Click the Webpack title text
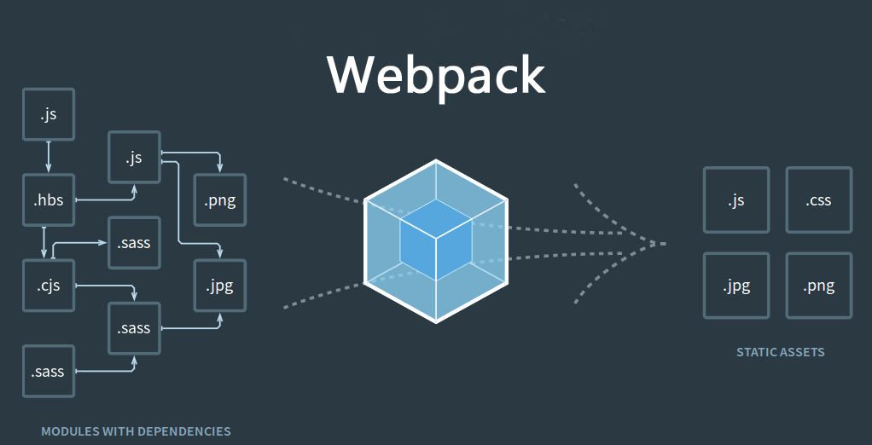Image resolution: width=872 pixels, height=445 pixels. pos(436,74)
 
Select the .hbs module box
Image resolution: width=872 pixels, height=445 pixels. pos(49,201)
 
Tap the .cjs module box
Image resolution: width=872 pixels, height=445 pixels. pos(49,286)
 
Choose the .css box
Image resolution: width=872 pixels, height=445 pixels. pos(818,200)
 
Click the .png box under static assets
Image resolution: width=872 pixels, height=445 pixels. pos(818,286)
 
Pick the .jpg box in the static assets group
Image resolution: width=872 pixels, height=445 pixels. pos(736,286)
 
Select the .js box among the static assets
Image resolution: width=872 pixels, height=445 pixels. pos(736,200)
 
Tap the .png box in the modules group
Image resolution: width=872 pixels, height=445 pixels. pos(220,201)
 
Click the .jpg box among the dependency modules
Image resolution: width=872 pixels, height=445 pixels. pos(220,286)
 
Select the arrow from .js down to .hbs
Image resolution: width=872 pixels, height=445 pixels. pos(49,157)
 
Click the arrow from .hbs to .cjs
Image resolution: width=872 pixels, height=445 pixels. pos(44,242)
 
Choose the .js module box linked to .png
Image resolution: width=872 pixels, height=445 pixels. pos(134,158)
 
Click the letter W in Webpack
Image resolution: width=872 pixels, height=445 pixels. pos(352,74)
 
